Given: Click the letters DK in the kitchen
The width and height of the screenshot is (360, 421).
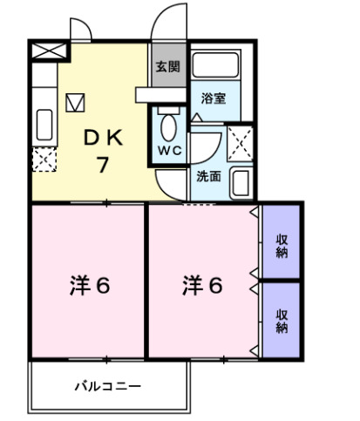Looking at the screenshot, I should [x=103, y=138].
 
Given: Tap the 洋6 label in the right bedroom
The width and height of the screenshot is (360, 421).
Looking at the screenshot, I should [x=204, y=284].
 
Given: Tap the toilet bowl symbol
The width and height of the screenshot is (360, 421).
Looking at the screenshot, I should [x=169, y=124].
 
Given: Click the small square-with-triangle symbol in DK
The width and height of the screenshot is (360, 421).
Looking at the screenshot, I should [x=73, y=101].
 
